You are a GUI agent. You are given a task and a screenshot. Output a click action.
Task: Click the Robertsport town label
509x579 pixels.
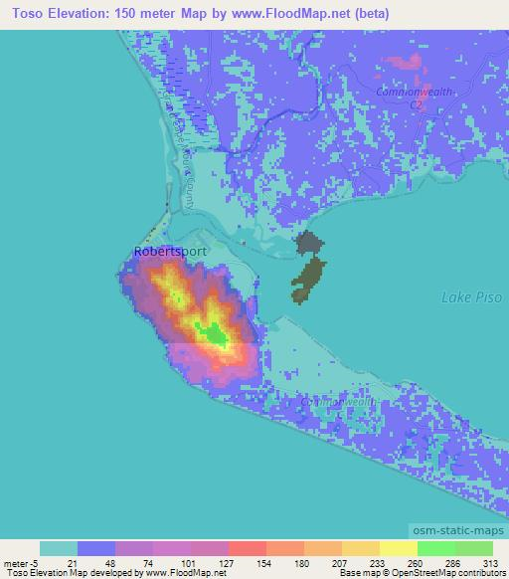tap(170, 252)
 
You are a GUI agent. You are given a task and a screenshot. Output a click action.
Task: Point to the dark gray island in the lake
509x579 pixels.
tap(309, 244)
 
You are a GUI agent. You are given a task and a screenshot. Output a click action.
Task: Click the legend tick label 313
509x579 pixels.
tap(492, 562)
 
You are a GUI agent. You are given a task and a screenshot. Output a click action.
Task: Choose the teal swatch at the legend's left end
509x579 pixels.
tap(59, 548)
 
